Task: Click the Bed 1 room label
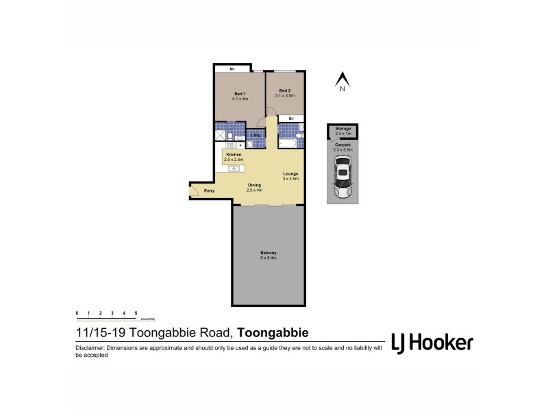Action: coord(240,93)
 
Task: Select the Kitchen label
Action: coord(234,155)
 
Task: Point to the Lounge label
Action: coord(291,173)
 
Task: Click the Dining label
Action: coord(254,185)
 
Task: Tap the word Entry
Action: coord(210,190)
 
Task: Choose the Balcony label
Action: coord(268,253)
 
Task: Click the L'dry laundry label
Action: coord(256,135)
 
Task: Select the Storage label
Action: coord(343,129)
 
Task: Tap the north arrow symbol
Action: coord(341,79)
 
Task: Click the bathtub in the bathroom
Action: coord(287,144)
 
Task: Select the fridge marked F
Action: coord(240,145)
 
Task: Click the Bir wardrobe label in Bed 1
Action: coord(232,68)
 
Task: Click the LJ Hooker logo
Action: coord(431,342)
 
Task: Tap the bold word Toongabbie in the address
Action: coord(272,334)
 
